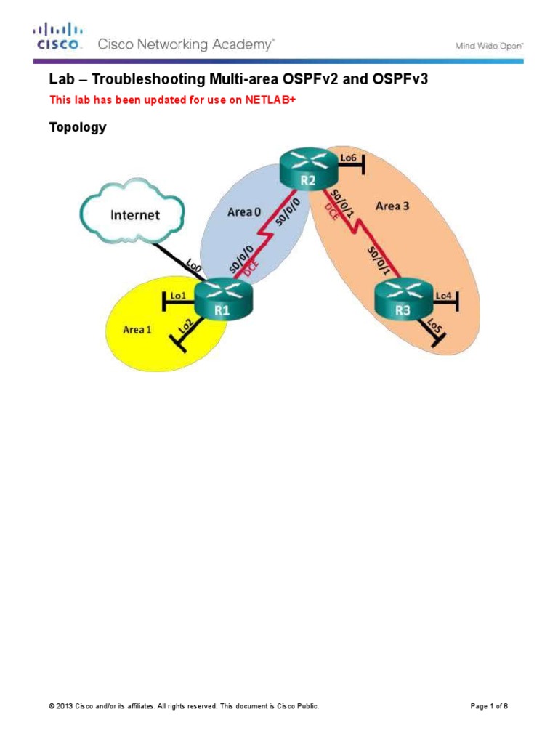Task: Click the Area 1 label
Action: point(137,329)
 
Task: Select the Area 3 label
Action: point(392,206)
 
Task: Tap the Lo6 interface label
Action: point(349,157)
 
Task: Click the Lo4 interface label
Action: point(443,296)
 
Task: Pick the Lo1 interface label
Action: point(179,296)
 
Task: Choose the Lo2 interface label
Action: point(185,328)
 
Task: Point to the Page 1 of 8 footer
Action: point(493,706)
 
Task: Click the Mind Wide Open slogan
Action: point(490,45)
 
